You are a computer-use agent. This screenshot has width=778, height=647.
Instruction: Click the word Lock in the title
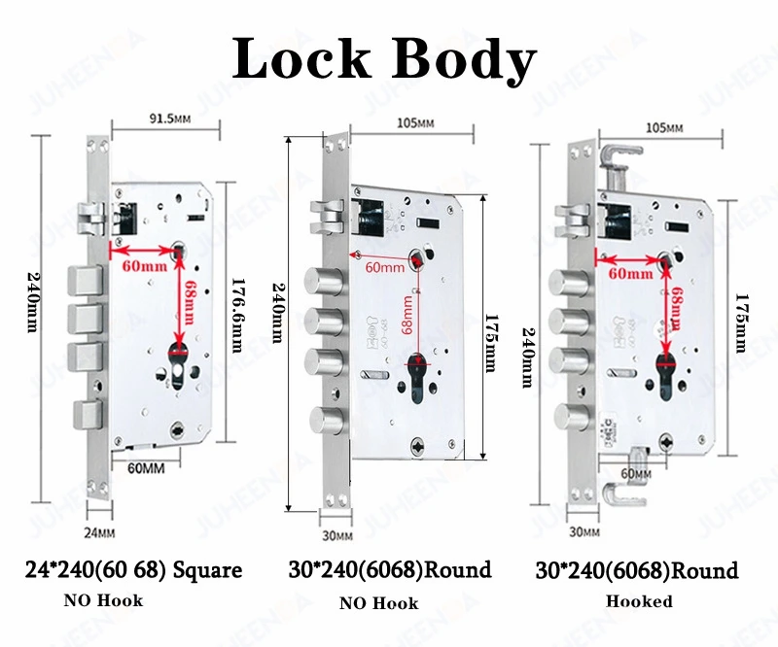[301, 58]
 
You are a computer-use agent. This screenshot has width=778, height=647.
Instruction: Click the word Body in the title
[465, 61]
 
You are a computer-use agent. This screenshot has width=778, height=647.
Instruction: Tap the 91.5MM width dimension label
[169, 119]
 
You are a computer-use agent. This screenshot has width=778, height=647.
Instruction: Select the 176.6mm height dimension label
[237, 316]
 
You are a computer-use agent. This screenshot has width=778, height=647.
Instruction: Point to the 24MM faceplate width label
[99, 533]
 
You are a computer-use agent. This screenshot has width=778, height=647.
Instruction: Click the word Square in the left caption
[207, 570]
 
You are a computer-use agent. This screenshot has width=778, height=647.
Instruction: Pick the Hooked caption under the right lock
[639, 601]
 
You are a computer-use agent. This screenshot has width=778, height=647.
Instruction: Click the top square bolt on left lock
[85, 281]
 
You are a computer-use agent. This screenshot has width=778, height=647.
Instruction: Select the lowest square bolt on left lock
[88, 414]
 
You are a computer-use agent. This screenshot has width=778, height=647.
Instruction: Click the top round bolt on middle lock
[323, 281]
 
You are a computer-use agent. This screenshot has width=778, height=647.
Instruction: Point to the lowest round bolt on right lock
[572, 418]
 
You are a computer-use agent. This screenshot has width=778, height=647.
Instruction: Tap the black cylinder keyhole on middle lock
[416, 378]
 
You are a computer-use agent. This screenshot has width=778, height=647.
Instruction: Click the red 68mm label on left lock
[189, 303]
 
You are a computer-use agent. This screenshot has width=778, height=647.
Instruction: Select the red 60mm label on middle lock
[385, 267]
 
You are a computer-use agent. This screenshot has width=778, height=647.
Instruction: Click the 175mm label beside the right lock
[741, 323]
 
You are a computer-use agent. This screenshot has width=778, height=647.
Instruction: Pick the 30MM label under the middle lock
[337, 536]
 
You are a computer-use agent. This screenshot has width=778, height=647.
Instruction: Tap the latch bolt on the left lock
[90, 219]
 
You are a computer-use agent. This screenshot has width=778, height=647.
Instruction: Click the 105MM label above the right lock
[664, 128]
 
